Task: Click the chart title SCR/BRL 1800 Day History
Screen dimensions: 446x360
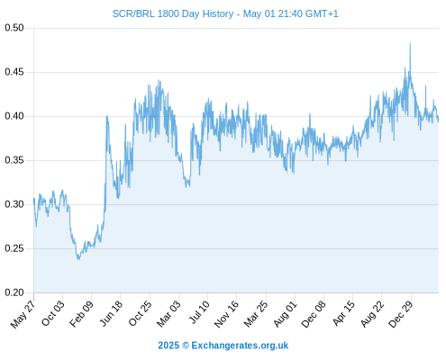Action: click(173, 13)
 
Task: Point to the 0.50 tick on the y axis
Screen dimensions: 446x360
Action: click(14, 28)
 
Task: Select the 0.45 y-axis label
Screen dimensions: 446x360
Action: click(14, 72)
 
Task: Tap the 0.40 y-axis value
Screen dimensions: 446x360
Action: click(14, 116)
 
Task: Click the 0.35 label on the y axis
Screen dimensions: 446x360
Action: click(14, 160)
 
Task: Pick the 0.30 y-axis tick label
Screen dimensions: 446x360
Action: click(14, 204)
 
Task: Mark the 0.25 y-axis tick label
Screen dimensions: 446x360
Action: click(14, 248)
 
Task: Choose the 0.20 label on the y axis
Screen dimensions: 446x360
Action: click(14, 292)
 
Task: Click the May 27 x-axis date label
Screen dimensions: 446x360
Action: click(23, 314)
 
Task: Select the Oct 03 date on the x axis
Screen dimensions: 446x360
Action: click(52, 313)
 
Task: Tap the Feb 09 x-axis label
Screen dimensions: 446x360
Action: click(81, 314)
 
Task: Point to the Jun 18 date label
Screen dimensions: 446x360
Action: click(111, 313)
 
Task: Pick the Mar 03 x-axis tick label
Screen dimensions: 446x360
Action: click(168, 314)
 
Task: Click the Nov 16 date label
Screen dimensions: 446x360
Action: click(226, 314)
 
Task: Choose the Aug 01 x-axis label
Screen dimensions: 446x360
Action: click(285, 314)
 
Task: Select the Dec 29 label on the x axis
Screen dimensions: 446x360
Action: click(401, 314)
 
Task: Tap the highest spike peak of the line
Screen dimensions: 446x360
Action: click(410, 44)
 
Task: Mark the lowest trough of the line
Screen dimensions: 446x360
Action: click(78, 259)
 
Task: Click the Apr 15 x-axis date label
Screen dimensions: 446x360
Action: click(343, 314)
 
